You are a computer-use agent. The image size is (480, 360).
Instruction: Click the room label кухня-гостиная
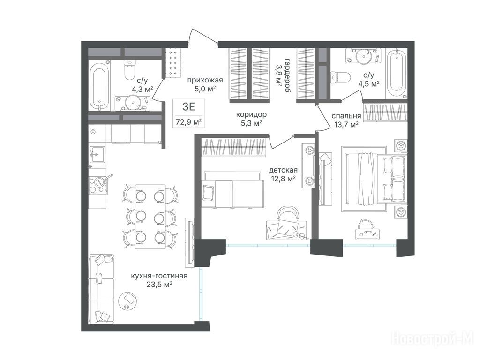[x=159, y=276]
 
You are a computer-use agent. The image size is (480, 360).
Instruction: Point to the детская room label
[x=283, y=170]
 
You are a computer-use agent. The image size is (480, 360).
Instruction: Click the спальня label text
[x=346, y=116]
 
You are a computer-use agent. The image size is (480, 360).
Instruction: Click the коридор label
[x=251, y=114]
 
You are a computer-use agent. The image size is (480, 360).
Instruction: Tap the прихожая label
[x=205, y=81]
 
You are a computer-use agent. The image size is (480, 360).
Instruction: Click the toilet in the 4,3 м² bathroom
[x=129, y=69]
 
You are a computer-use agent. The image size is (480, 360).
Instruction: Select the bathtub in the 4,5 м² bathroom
[x=396, y=74]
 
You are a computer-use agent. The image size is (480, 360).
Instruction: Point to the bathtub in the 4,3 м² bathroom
[x=99, y=86]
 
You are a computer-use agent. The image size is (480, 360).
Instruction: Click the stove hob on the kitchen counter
[x=98, y=186]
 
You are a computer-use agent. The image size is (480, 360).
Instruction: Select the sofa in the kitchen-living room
[x=101, y=289]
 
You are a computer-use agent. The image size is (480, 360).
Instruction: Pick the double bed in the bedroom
[x=376, y=179]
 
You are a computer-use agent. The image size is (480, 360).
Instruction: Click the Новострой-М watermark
[x=433, y=338]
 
